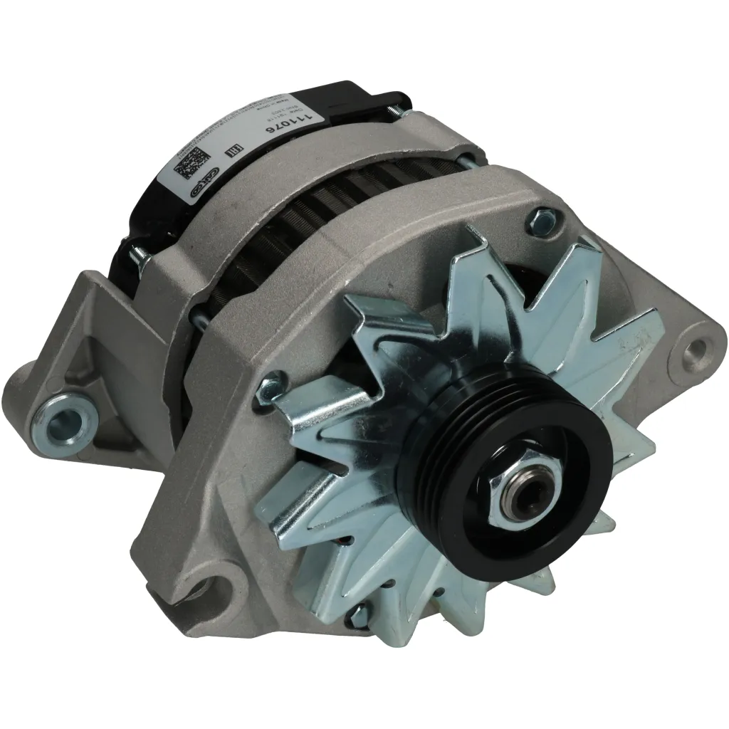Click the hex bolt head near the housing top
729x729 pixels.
click(540, 215)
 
